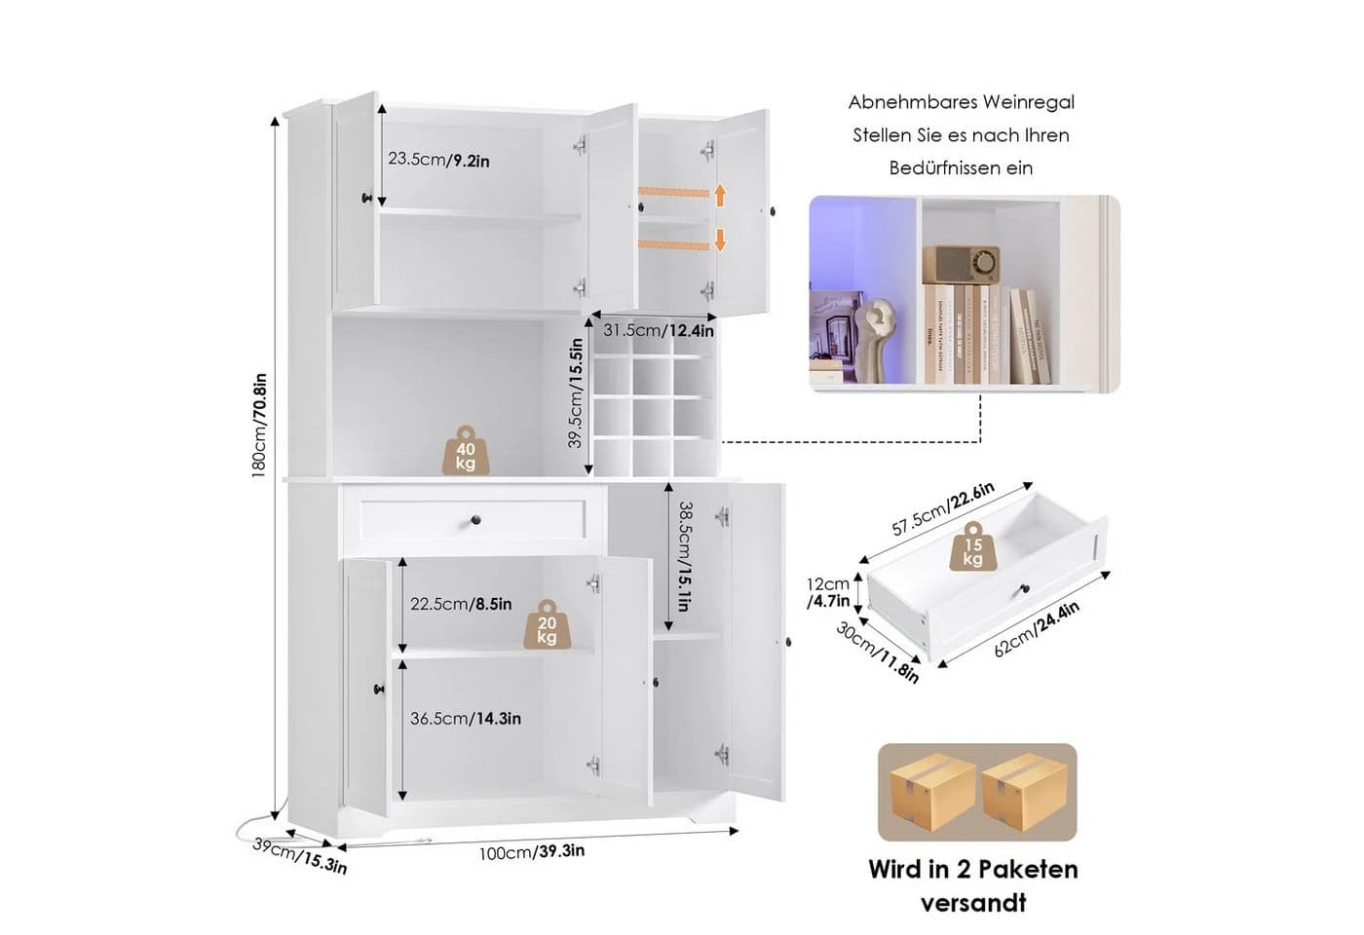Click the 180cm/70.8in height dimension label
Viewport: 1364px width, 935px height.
click(259, 426)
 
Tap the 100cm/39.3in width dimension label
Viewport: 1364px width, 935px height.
click(532, 851)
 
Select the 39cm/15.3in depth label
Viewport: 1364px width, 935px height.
click(300, 855)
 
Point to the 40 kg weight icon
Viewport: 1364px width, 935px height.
click(466, 450)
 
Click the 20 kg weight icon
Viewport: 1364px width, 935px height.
click(548, 624)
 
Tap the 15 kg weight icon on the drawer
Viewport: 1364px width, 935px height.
click(973, 546)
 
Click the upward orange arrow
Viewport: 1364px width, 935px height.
click(720, 195)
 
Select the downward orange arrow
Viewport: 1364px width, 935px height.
click(720, 240)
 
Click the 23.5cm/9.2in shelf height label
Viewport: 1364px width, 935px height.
click(438, 160)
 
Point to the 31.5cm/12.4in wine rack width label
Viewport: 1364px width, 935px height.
click(659, 330)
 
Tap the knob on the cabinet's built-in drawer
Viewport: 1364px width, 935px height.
click(476, 520)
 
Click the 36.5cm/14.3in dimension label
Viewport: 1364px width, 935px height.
click(466, 719)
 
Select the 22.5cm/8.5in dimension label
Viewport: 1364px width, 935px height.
click(460, 604)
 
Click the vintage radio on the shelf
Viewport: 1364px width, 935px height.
click(961, 265)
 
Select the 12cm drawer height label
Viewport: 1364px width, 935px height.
click(827, 583)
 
